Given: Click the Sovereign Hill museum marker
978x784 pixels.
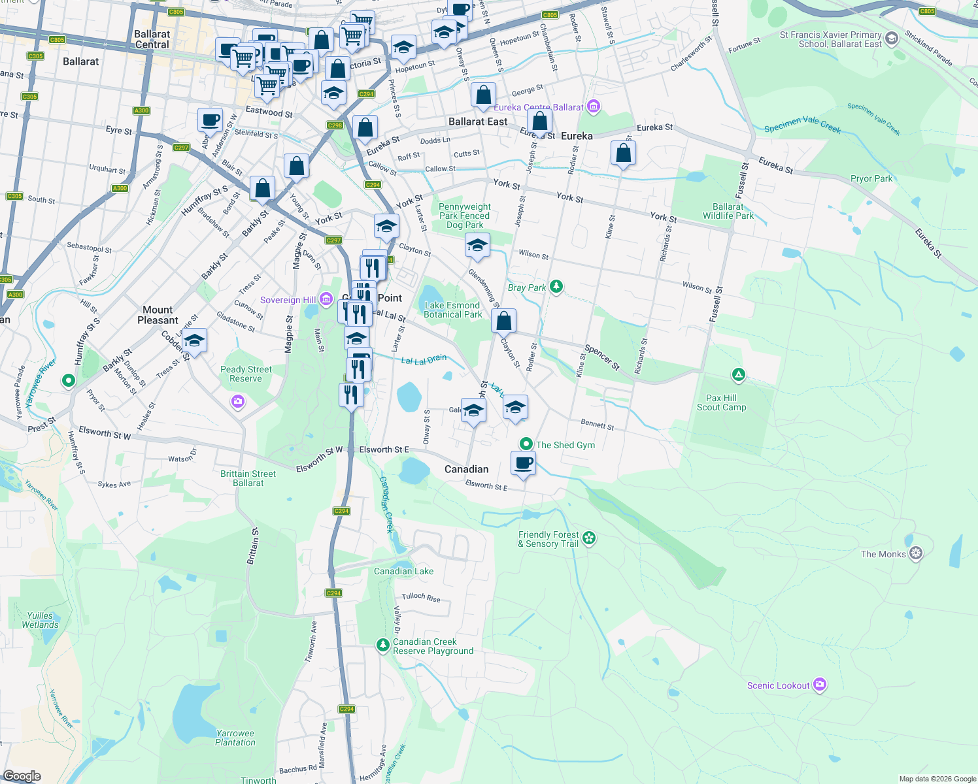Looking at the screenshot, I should (x=326, y=300).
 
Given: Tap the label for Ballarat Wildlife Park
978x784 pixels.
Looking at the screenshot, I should (x=728, y=211).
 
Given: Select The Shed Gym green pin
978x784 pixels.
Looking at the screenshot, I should (x=526, y=444).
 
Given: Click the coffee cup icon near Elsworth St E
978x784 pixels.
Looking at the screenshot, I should (x=523, y=463).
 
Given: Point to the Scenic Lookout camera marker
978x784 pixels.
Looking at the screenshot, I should (x=820, y=685).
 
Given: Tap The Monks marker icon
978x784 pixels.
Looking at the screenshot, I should (x=916, y=553).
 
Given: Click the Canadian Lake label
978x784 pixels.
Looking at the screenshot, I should (x=403, y=571).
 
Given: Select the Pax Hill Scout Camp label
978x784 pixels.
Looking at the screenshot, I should (x=721, y=402).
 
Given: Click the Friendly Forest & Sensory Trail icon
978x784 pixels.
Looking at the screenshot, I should (x=589, y=538).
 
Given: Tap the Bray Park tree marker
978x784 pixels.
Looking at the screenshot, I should (x=556, y=286).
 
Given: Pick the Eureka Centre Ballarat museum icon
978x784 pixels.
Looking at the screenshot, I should (x=593, y=106).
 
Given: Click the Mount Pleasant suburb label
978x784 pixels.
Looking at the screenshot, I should (x=158, y=315).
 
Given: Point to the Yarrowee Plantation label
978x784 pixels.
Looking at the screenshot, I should (x=235, y=738).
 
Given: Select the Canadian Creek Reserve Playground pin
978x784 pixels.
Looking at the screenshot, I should (x=383, y=645).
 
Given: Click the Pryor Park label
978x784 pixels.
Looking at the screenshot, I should (x=871, y=178).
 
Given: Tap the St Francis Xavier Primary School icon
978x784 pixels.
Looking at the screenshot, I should (x=892, y=39).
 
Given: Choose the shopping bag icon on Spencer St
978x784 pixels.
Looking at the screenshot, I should (x=503, y=321).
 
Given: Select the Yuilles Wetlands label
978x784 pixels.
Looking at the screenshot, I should (x=40, y=620).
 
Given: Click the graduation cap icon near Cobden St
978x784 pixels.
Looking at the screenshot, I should (x=194, y=340).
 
